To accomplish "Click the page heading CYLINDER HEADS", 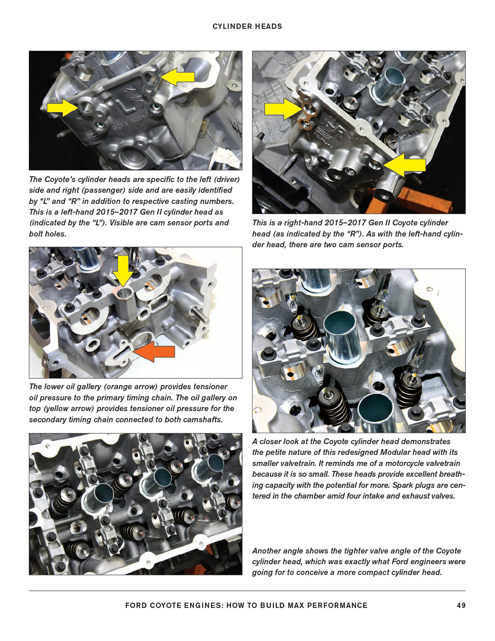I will [247, 26].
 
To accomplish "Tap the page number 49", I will [461, 606].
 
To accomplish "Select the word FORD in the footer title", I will [136, 606].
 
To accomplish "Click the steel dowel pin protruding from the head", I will [200, 314].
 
